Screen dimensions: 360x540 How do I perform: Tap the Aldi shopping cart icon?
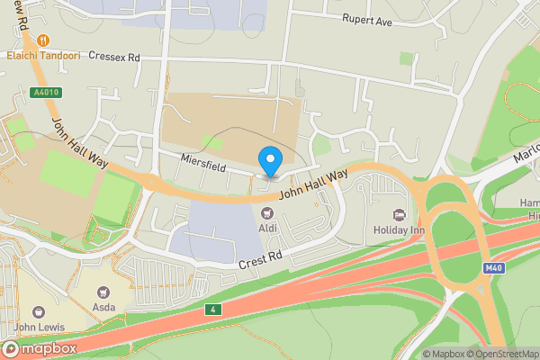pos(266,213)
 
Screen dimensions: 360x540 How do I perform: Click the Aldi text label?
pos(266,229)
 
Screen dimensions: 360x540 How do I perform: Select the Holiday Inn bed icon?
pos(398,214)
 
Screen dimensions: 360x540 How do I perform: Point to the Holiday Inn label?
pos(397,229)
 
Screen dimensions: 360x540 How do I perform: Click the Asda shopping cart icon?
pos(103,292)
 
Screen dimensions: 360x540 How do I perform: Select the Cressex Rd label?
pos(113,57)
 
